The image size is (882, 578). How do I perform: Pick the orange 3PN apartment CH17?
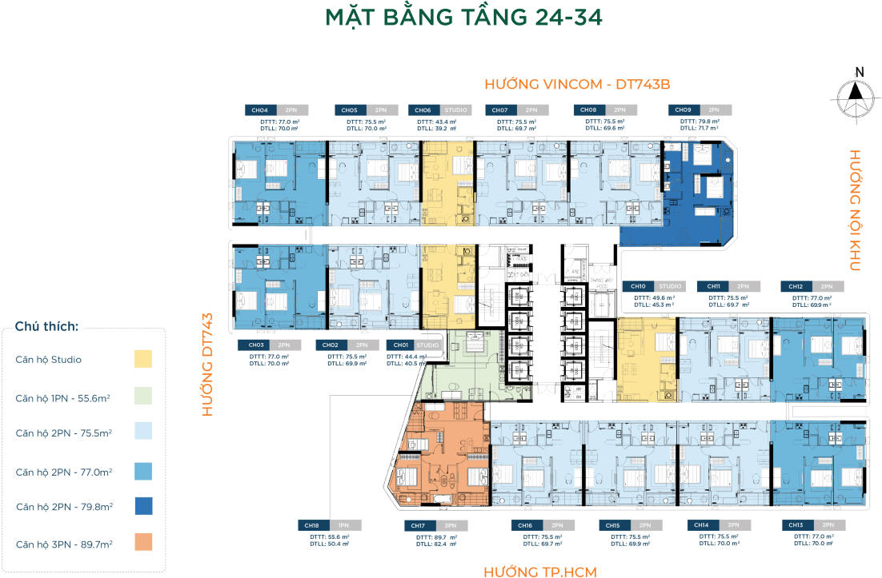(x=442, y=456)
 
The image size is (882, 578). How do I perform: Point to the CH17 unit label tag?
(x=433, y=525)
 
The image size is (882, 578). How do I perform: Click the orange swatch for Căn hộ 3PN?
(x=143, y=543)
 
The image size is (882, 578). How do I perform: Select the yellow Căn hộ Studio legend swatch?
(x=143, y=359)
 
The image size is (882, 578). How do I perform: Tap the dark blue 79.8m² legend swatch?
(x=143, y=506)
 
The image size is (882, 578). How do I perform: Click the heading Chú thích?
(x=46, y=327)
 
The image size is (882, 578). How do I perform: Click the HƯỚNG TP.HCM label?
(x=540, y=571)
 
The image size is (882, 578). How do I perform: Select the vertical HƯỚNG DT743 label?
(x=207, y=364)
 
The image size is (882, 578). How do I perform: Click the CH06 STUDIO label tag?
(x=439, y=110)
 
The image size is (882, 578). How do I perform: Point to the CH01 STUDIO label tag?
(x=413, y=345)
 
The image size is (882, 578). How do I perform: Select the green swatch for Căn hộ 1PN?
(x=143, y=397)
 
